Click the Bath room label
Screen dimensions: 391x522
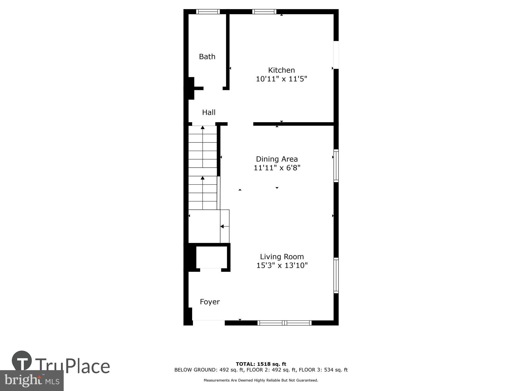(207, 57)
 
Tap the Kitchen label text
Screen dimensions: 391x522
(281, 70)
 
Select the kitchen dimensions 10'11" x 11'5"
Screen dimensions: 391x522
(281, 79)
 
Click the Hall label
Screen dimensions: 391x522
(209, 112)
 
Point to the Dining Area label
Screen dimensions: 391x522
(277, 159)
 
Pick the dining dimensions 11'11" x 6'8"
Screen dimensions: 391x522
(277, 168)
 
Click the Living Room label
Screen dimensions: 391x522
(282, 256)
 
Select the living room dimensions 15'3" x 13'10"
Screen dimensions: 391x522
(282, 265)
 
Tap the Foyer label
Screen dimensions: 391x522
(210, 302)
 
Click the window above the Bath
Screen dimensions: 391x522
(208, 11)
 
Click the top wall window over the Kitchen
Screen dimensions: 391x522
(264, 11)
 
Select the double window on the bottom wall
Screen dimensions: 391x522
(284, 323)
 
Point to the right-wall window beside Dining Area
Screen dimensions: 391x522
(336, 166)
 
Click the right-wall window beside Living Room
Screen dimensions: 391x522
(336, 275)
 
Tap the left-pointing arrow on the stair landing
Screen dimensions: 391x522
(222, 226)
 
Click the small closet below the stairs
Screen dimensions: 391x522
(211, 257)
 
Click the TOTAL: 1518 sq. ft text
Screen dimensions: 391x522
(261, 364)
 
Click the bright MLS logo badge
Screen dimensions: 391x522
(32, 380)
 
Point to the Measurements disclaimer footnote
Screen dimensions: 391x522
(261, 380)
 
